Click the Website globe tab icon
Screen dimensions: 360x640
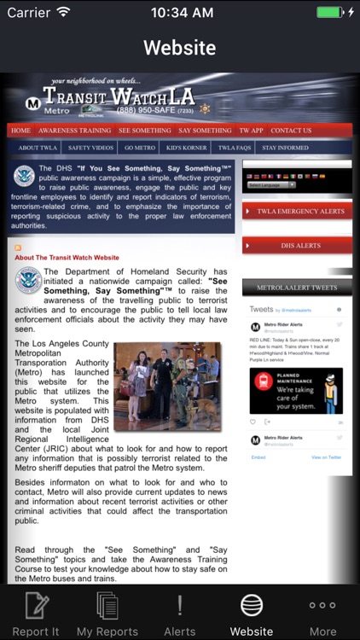pos(252,605)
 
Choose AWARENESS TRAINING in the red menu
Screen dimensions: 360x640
pos(75,131)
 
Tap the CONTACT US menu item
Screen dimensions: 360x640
pos(291,131)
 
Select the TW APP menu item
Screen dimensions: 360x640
pos(251,131)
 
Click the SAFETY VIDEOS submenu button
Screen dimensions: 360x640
pos(90,148)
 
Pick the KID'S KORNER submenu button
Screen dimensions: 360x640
pos(188,148)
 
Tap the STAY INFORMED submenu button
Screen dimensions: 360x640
pos(285,148)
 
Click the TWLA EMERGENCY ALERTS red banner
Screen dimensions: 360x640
pos(297,211)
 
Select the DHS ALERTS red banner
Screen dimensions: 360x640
pos(297,245)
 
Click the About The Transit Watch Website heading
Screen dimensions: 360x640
pos(67,257)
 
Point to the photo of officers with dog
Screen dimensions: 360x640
pos(167,386)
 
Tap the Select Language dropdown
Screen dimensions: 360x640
pos(270,184)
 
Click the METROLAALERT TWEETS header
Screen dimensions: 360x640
pos(297,288)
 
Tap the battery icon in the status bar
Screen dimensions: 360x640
pos(329,13)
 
